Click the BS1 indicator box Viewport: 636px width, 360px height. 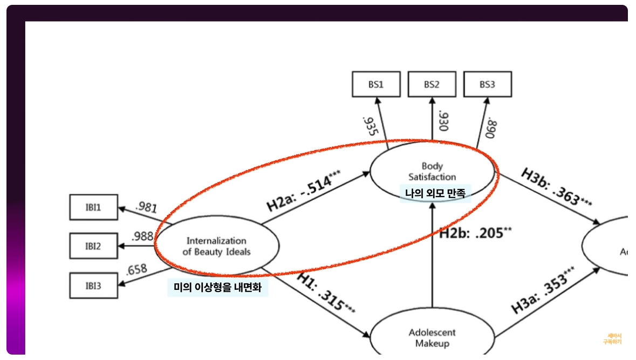tap(376, 84)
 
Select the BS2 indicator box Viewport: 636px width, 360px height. tap(432, 84)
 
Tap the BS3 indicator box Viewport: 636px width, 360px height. tap(487, 84)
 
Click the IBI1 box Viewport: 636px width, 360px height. tap(93, 207)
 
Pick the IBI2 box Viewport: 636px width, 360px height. tap(93, 247)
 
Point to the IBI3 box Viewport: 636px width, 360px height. tap(93, 286)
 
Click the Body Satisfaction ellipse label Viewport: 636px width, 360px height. tap(432, 171)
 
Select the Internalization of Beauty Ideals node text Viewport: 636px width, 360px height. tap(216, 246)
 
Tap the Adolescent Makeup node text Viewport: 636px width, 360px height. tap(432, 337)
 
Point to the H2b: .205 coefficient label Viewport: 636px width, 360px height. tap(475, 233)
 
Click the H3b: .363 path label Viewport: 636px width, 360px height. tap(557, 187)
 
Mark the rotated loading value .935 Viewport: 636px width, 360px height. tap(370, 126)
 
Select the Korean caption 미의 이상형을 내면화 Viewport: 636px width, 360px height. tap(217, 288)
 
